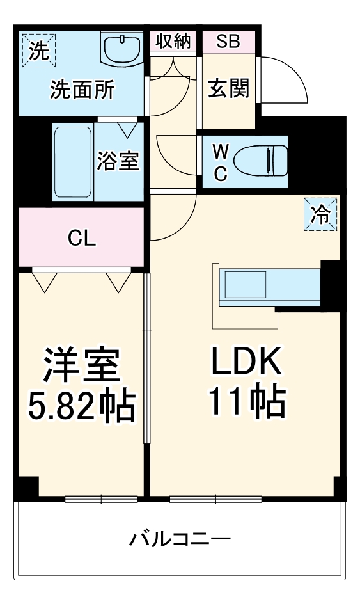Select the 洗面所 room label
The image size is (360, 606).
(82, 91)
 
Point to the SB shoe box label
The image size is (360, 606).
(228, 42)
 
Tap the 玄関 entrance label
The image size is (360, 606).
(228, 89)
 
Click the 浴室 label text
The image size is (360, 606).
(118, 161)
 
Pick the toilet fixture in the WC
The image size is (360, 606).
(261, 160)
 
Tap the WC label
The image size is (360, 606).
(219, 163)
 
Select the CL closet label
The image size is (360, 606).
(82, 239)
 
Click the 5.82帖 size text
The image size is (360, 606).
(82, 405)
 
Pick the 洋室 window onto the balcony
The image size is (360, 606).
(101, 498)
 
